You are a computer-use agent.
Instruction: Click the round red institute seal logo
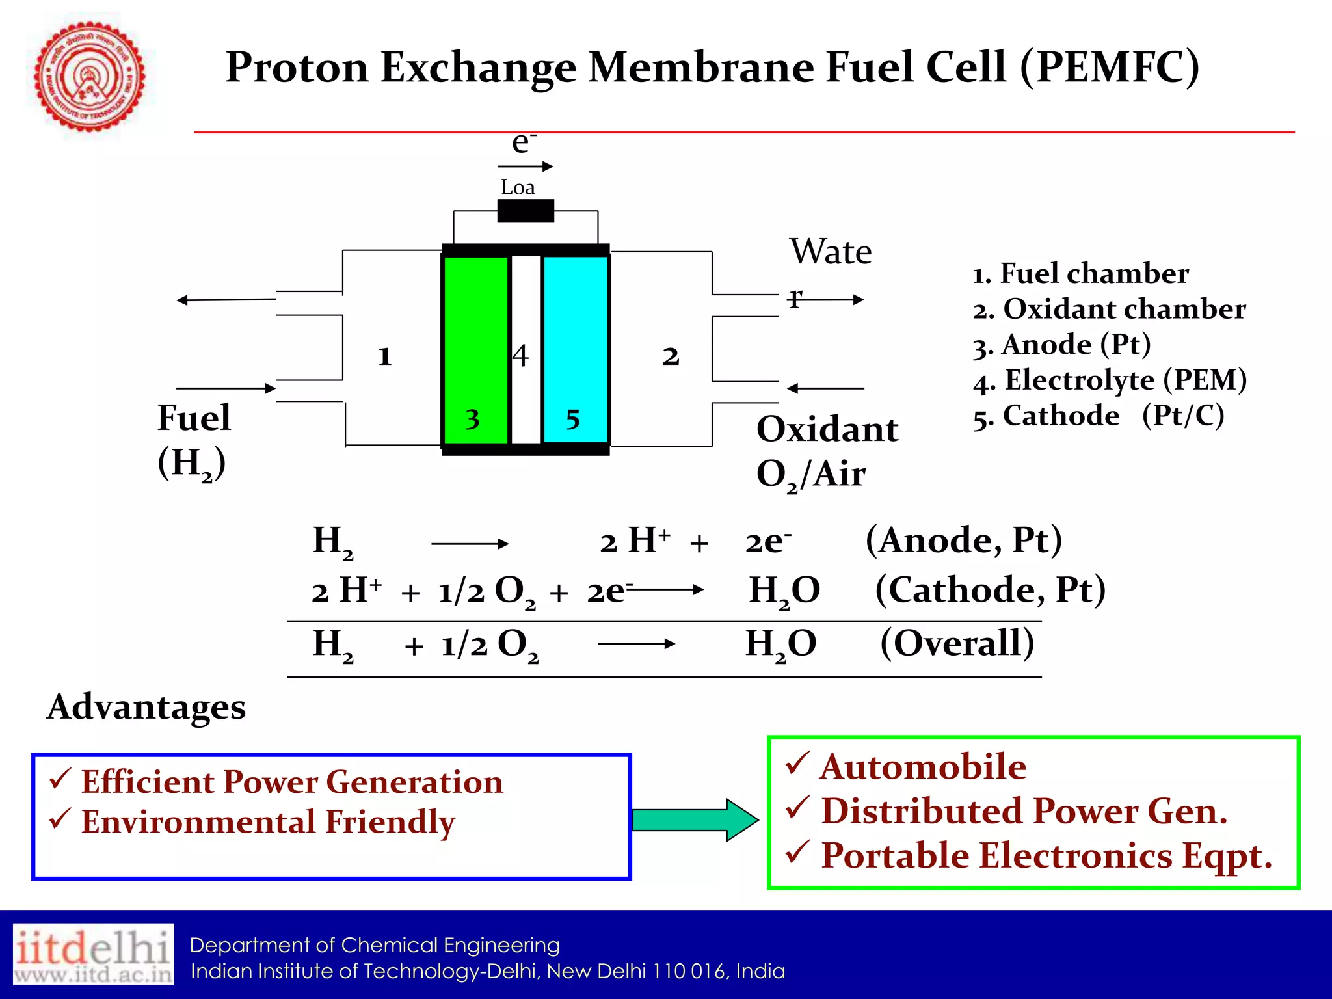tap(89, 77)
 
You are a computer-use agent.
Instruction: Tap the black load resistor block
tap(526, 211)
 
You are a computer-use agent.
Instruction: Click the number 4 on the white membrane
tap(520, 356)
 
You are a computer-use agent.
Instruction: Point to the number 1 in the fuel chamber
tap(384, 356)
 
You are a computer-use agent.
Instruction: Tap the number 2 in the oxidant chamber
tap(671, 356)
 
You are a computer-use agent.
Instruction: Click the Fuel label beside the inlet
tap(194, 418)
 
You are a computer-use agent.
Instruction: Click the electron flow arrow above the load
tap(526, 166)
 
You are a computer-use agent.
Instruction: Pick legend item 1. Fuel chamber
tap(1081, 274)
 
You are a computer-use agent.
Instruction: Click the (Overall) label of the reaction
tap(957, 643)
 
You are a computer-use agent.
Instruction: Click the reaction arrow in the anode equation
tap(470, 544)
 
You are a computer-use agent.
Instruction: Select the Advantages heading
tap(146, 707)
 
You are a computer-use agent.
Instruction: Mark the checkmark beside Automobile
tap(797, 763)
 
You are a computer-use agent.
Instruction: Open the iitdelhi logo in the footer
tap(94, 953)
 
